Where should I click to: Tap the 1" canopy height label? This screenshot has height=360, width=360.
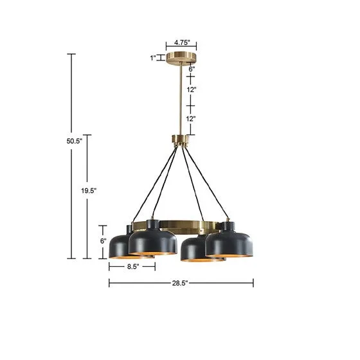[153, 58]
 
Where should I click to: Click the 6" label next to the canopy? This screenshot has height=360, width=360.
[191, 69]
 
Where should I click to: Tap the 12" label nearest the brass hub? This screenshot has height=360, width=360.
[191, 118]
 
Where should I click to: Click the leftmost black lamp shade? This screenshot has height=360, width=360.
[120, 245]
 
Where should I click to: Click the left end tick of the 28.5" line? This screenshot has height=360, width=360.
[109, 282]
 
